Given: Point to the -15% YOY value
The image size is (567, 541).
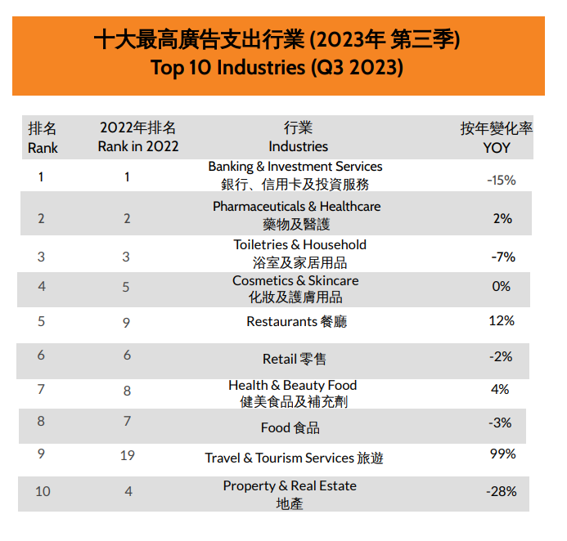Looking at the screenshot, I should click(501, 180).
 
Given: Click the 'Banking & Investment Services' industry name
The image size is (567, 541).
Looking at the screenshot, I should click(295, 167).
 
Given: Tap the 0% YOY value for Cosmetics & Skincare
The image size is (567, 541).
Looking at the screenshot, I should click(501, 287).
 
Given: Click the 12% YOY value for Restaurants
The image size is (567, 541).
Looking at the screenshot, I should click(501, 320).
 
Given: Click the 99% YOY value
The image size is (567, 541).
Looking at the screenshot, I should click(502, 454).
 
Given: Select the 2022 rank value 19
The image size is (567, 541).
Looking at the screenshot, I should click(127, 455).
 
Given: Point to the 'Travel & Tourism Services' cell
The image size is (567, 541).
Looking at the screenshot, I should click(294, 458).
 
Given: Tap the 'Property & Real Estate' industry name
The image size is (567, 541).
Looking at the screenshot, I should click(290, 485).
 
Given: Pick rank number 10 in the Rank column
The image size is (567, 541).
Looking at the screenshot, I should click(43, 491).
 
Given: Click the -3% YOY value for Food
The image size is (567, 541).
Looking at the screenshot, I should click(501, 423).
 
